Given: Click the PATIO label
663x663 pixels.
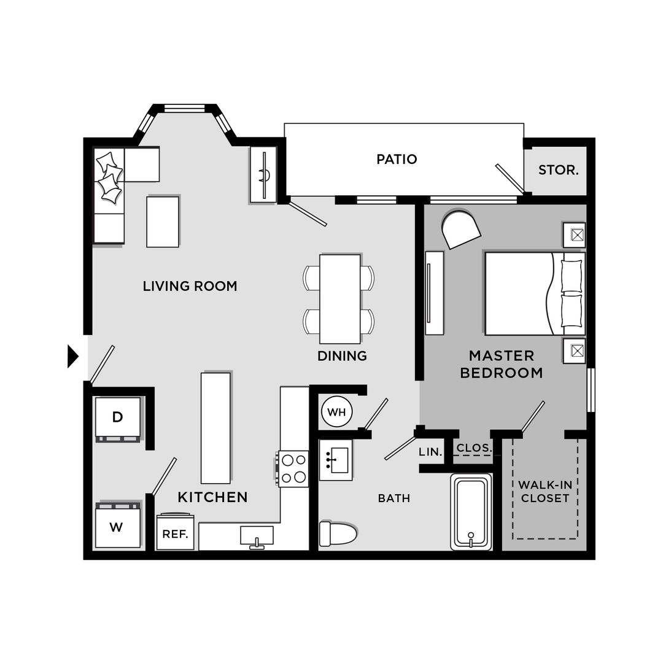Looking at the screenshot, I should (397, 160).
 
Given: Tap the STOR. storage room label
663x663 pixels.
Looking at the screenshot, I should (558, 170).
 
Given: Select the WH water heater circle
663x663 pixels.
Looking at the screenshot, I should (336, 412).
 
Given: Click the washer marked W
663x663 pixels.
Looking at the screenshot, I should (117, 526).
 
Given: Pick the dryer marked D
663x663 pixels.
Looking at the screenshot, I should (117, 417).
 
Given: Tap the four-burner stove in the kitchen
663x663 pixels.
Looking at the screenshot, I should (293, 468).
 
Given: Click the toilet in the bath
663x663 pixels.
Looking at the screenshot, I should (338, 533).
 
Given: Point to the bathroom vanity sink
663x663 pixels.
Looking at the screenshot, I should (336, 460).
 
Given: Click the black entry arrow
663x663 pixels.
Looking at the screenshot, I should (73, 356).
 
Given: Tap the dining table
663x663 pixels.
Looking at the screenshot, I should (339, 299).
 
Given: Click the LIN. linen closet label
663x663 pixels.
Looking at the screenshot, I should (430, 452).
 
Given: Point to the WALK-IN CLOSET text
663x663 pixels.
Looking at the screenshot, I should (545, 491).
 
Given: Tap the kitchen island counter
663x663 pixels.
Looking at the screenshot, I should (215, 427).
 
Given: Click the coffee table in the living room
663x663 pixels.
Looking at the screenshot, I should (163, 222).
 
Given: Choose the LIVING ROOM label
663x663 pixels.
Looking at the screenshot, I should (190, 286).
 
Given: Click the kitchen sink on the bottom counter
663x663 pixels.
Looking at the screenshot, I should (257, 536).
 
